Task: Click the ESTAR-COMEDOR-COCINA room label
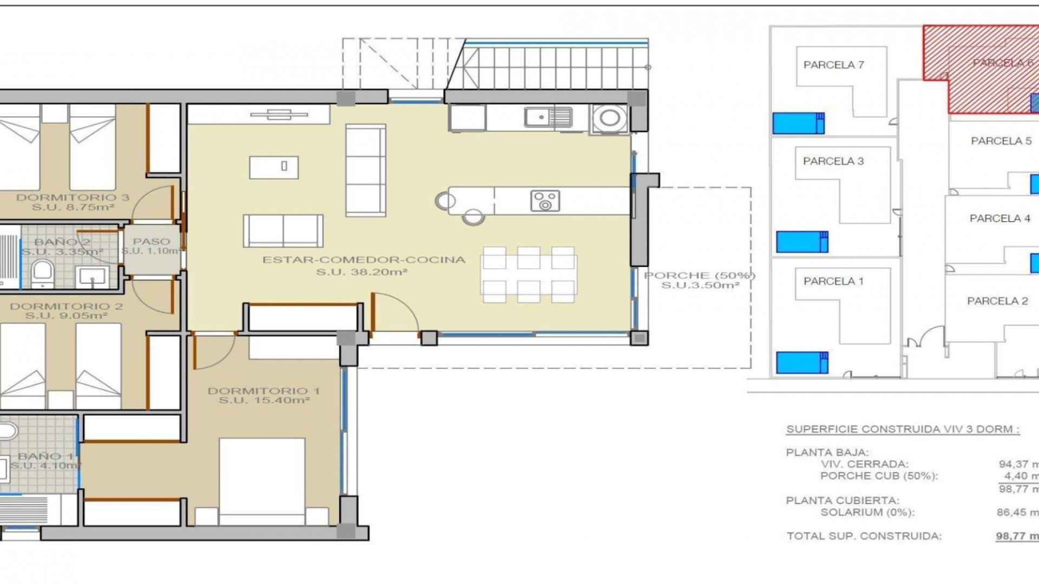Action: click(364, 260)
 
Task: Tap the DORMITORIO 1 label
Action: click(264, 391)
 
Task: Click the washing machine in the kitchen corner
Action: click(609, 118)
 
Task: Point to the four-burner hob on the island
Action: click(545, 201)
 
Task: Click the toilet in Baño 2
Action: click(42, 273)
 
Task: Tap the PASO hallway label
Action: click(152, 242)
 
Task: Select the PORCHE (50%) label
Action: click(699, 276)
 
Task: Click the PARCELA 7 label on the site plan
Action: click(833, 65)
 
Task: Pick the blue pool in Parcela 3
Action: click(801, 242)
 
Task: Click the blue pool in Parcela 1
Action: click(801, 362)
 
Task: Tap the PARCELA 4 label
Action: click(999, 218)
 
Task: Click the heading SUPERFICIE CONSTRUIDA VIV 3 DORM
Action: click(902, 429)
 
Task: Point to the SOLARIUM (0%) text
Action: click(867, 512)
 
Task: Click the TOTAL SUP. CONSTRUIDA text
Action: click(864, 536)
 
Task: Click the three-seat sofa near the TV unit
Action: click(366, 170)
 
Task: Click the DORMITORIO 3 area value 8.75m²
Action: click(73, 207)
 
